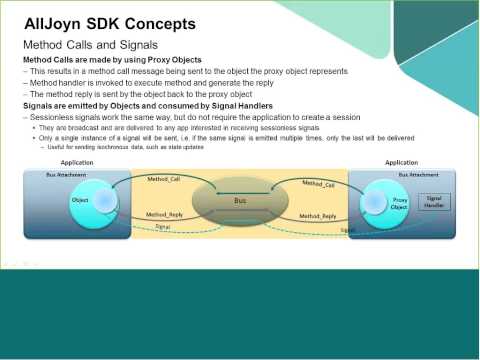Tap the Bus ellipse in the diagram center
click(239, 201)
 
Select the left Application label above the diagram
click(77, 162)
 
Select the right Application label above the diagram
click(401, 162)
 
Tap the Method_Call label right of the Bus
click(318, 184)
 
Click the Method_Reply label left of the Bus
click(164, 215)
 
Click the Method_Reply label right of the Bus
click(316, 216)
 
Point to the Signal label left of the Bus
click(162, 227)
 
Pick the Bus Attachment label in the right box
click(417, 174)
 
